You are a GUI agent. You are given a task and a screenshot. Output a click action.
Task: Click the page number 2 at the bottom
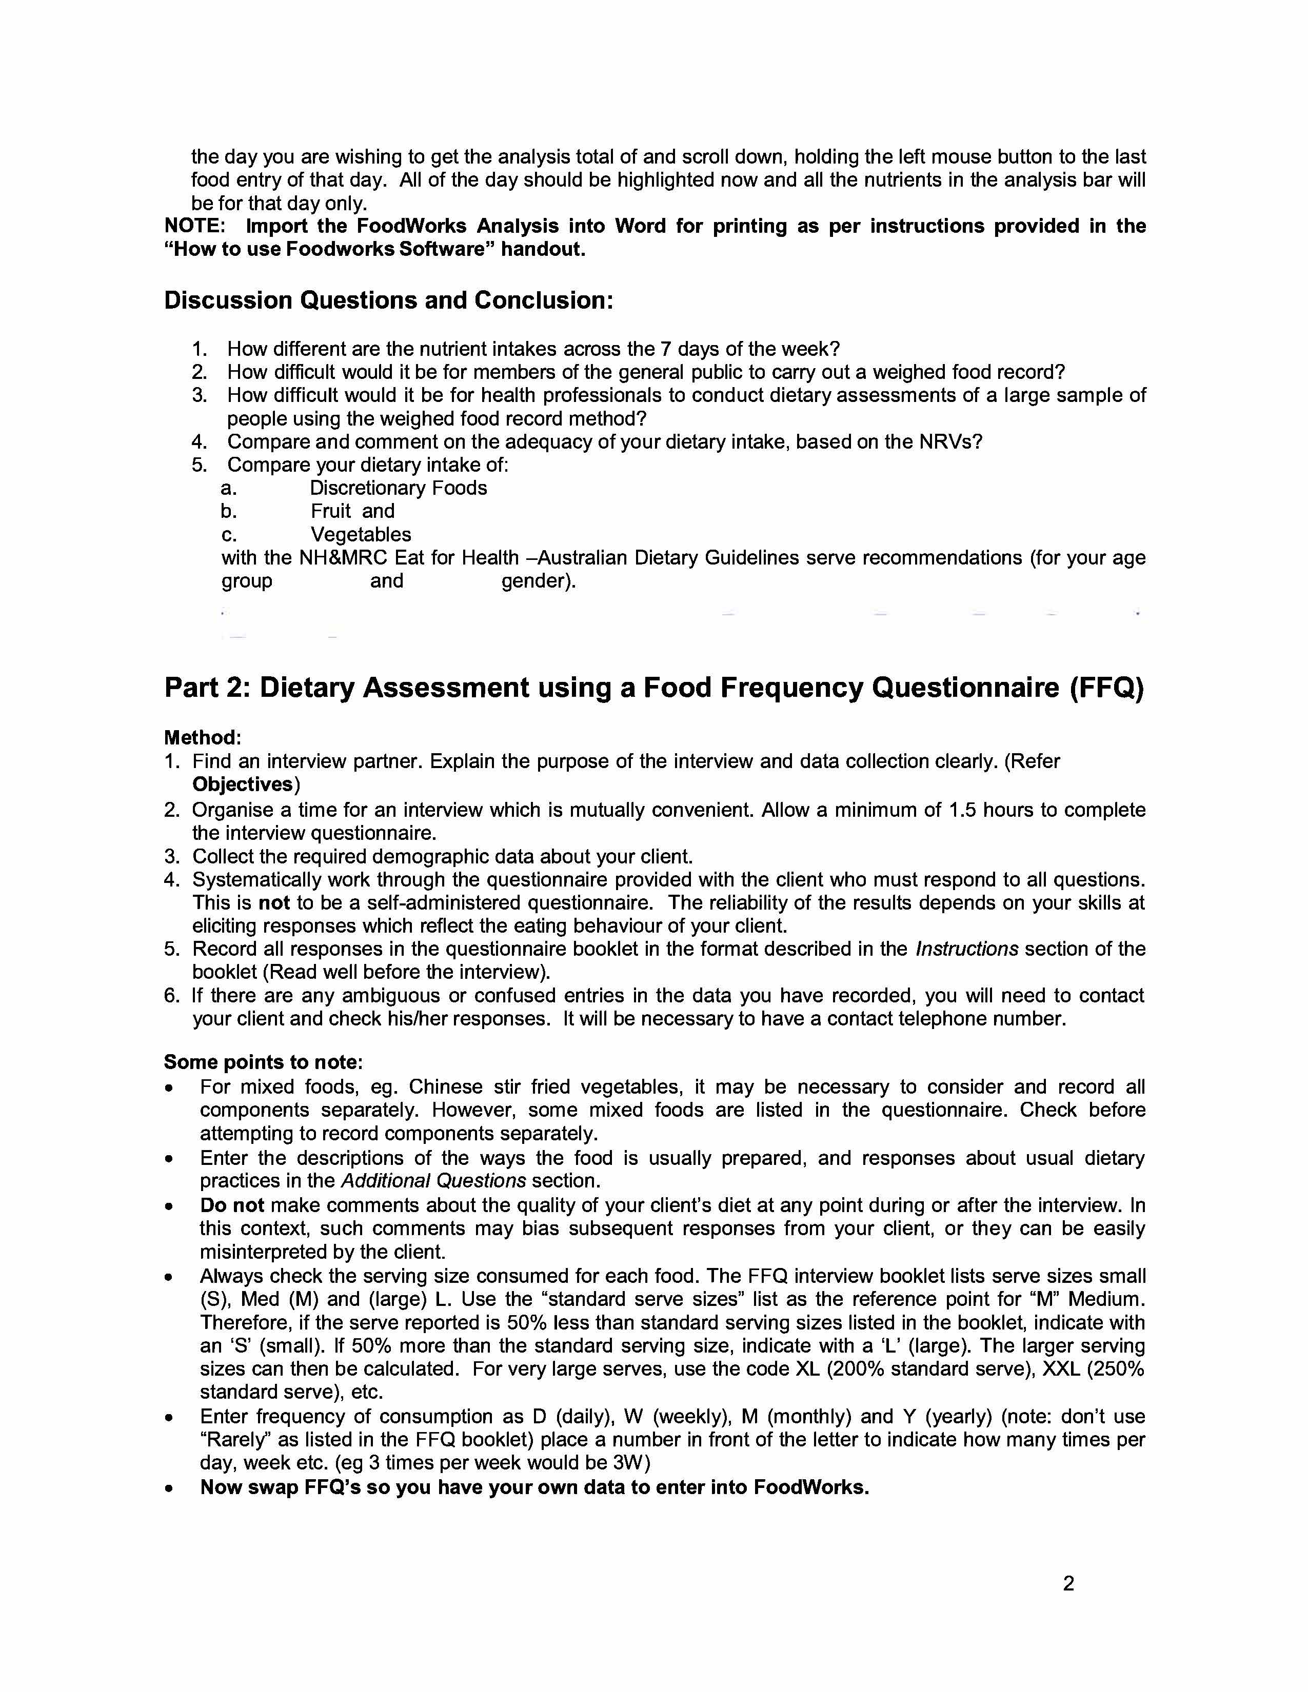click(1068, 1583)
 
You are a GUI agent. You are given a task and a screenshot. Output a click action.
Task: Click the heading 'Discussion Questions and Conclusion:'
click(388, 300)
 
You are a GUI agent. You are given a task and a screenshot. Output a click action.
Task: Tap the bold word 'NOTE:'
click(194, 226)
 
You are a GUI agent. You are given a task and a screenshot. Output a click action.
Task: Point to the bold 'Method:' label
click(202, 737)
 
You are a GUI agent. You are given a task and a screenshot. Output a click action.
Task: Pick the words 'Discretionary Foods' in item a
click(398, 488)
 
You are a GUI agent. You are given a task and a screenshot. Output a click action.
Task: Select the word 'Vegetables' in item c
click(361, 535)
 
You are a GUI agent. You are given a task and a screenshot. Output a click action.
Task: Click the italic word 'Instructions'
click(966, 949)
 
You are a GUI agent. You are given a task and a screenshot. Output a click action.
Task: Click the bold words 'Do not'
click(232, 1205)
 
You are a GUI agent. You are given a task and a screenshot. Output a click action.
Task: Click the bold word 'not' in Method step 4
click(274, 902)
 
